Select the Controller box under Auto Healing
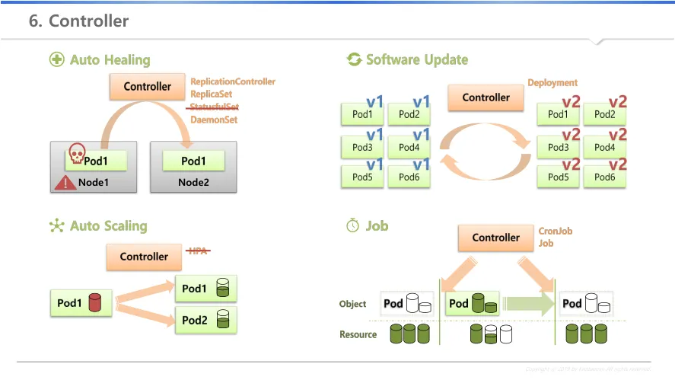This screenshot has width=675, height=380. (148, 87)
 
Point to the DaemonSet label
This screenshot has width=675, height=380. (214, 120)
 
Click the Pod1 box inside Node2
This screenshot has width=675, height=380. (193, 161)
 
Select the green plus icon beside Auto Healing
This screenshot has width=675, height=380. (56, 59)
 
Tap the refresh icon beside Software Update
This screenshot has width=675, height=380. (354, 59)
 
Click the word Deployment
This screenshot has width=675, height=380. (552, 82)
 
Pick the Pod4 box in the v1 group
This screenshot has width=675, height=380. (409, 147)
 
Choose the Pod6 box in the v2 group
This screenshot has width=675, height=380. (605, 177)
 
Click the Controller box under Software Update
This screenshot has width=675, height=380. (486, 97)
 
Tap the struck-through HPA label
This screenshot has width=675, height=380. (198, 251)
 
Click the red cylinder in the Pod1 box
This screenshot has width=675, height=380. (95, 302)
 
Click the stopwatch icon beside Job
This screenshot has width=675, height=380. (352, 225)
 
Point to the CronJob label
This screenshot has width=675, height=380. (556, 231)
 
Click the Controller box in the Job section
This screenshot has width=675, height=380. (495, 238)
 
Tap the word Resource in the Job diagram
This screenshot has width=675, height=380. (358, 334)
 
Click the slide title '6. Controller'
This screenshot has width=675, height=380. (79, 21)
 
